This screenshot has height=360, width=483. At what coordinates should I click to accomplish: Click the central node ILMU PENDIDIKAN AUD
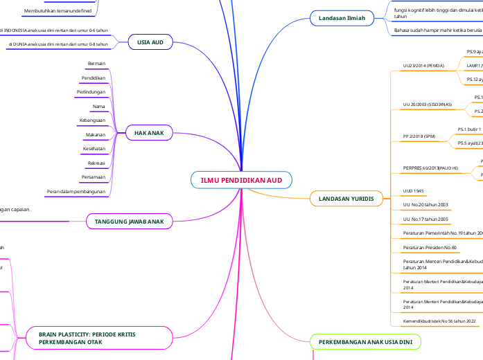click(241, 181)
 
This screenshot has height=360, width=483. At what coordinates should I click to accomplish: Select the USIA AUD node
click(150, 42)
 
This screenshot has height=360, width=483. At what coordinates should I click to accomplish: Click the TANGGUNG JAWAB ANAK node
click(129, 221)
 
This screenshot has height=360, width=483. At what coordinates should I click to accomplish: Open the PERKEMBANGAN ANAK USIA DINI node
click(355, 343)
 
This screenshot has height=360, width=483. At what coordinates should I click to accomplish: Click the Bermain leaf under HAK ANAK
click(96, 64)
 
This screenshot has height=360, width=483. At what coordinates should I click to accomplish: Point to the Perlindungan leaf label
click(91, 92)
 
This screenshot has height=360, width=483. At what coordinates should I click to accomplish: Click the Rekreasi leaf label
click(96, 163)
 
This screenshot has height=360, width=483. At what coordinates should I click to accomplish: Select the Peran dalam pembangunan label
click(76, 191)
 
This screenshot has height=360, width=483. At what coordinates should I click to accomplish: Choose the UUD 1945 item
click(414, 190)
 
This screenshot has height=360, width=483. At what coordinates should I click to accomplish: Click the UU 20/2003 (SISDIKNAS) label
click(427, 105)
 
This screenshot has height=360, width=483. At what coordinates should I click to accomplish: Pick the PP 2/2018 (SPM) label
click(420, 136)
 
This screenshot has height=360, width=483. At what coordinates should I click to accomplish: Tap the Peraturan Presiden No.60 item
click(430, 247)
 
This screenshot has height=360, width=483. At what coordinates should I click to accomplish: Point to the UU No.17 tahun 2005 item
click(425, 219)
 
